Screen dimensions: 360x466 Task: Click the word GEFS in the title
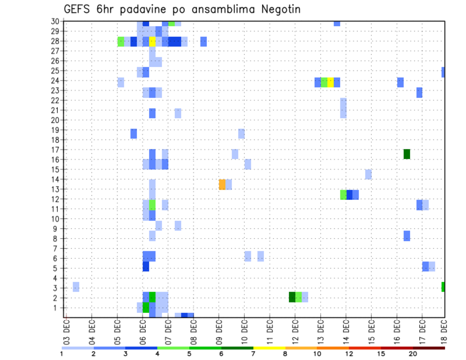(x=78, y=9)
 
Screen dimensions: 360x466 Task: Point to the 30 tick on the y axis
(x=55, y=21)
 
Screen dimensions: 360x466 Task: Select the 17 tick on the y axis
(x=55, y=149)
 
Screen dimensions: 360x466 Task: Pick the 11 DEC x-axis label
(x=270, y=329)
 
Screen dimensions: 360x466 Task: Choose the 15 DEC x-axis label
(x=371, y=329)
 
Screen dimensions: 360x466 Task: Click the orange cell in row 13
(x=222, y=184)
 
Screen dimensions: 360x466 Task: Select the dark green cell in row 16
(x=407, y=154)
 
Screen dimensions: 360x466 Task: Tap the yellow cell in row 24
(x=331, y=82)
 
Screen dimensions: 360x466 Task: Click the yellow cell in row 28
(x=152, y=42)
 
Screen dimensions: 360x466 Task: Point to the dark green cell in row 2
(x=292, y=297)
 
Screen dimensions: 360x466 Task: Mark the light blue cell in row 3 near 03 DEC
(x=76, y=287)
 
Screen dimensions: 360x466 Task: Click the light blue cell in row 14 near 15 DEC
(x=368, y=174)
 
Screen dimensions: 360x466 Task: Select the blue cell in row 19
(x=133, y=133)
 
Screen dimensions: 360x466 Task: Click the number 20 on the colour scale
(x=413, y=354)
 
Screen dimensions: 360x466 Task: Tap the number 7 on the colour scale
(x=253, y=354)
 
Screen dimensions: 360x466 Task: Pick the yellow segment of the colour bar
(x=269, y=347)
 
